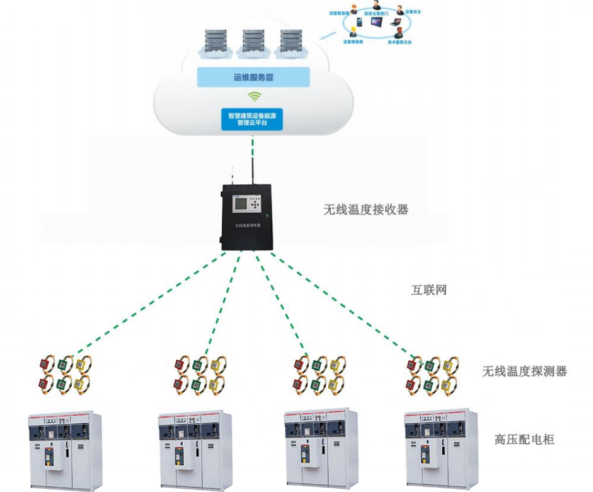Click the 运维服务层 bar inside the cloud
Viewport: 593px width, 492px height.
coord(253,78)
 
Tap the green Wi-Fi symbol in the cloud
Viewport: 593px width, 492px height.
coord(254,97)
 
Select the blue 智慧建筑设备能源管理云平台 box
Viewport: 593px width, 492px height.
coord(252,119)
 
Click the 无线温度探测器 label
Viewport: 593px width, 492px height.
coord(524,372)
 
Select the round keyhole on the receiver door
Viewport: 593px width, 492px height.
coord(267,216)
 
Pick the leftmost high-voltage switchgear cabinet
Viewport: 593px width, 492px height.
coord(65,449)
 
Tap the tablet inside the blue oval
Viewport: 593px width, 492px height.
coord(377,22)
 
